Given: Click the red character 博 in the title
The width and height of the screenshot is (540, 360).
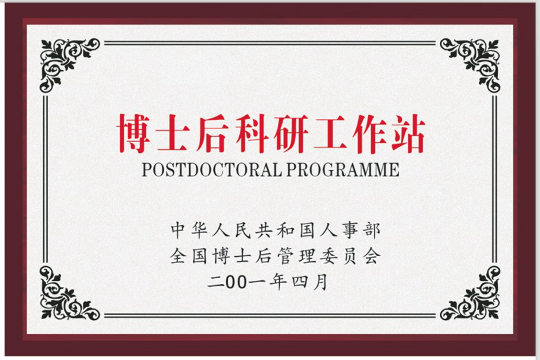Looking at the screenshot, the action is [x=134, y=133].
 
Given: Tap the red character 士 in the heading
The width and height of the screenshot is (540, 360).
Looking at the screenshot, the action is [x=172, y=133].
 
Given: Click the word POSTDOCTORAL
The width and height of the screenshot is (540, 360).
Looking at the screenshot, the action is [x=212, y=169].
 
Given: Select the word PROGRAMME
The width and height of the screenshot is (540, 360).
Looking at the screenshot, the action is [x=342, y=169].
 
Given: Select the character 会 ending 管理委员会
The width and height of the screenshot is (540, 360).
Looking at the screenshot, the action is [x=373, y=256].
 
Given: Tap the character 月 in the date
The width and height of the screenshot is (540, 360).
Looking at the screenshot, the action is [x=320, y=282].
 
